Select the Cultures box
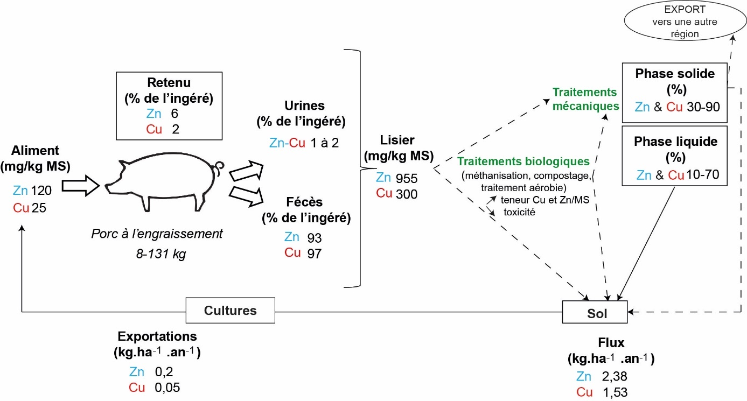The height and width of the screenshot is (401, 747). click(x=230, y=311)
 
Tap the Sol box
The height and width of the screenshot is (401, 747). click(x=595, y=312)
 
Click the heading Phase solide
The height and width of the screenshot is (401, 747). click(x=674, y=74)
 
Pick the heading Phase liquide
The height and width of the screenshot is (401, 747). click(x=675, y=142)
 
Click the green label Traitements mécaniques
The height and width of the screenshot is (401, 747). click(x=585, y=99)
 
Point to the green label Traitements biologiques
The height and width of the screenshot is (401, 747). click(x=523, y=161)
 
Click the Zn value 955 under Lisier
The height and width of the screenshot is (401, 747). click(x=407, y=178)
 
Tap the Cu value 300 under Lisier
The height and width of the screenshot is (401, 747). click(x=407, y=194)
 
